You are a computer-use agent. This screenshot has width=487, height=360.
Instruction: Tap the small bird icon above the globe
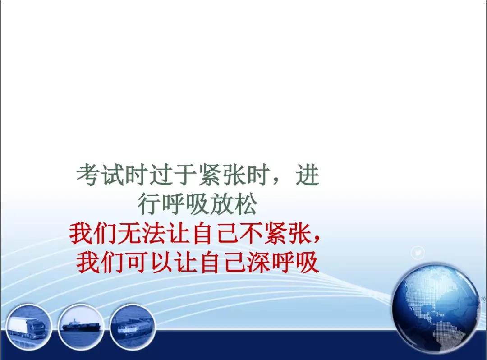point(418,253)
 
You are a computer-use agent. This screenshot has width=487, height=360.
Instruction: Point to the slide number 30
point(483,299)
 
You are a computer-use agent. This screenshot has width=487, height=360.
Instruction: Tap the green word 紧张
point(222,175)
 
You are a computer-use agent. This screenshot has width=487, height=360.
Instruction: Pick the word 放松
point(234,204)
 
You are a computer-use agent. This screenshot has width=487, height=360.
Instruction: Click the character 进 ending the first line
point(308,175)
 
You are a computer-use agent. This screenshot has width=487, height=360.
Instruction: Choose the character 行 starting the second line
point(149,204)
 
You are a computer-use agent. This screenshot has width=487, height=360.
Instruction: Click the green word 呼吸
point(185,204)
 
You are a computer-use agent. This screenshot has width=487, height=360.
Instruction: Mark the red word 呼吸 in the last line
point(295,262)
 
